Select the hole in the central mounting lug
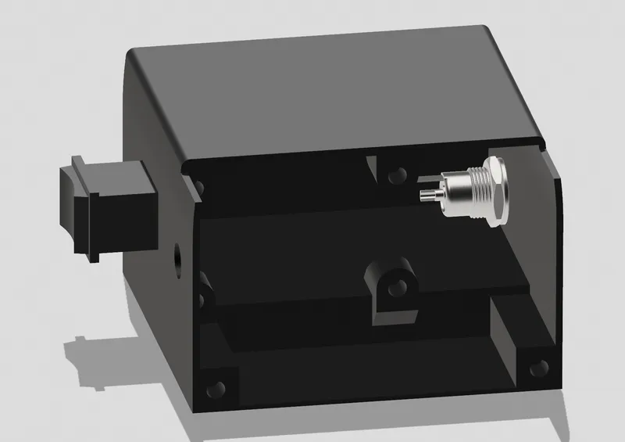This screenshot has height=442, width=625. tap(395, 286)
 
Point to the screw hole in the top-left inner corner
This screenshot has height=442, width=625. tap(199, 188)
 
